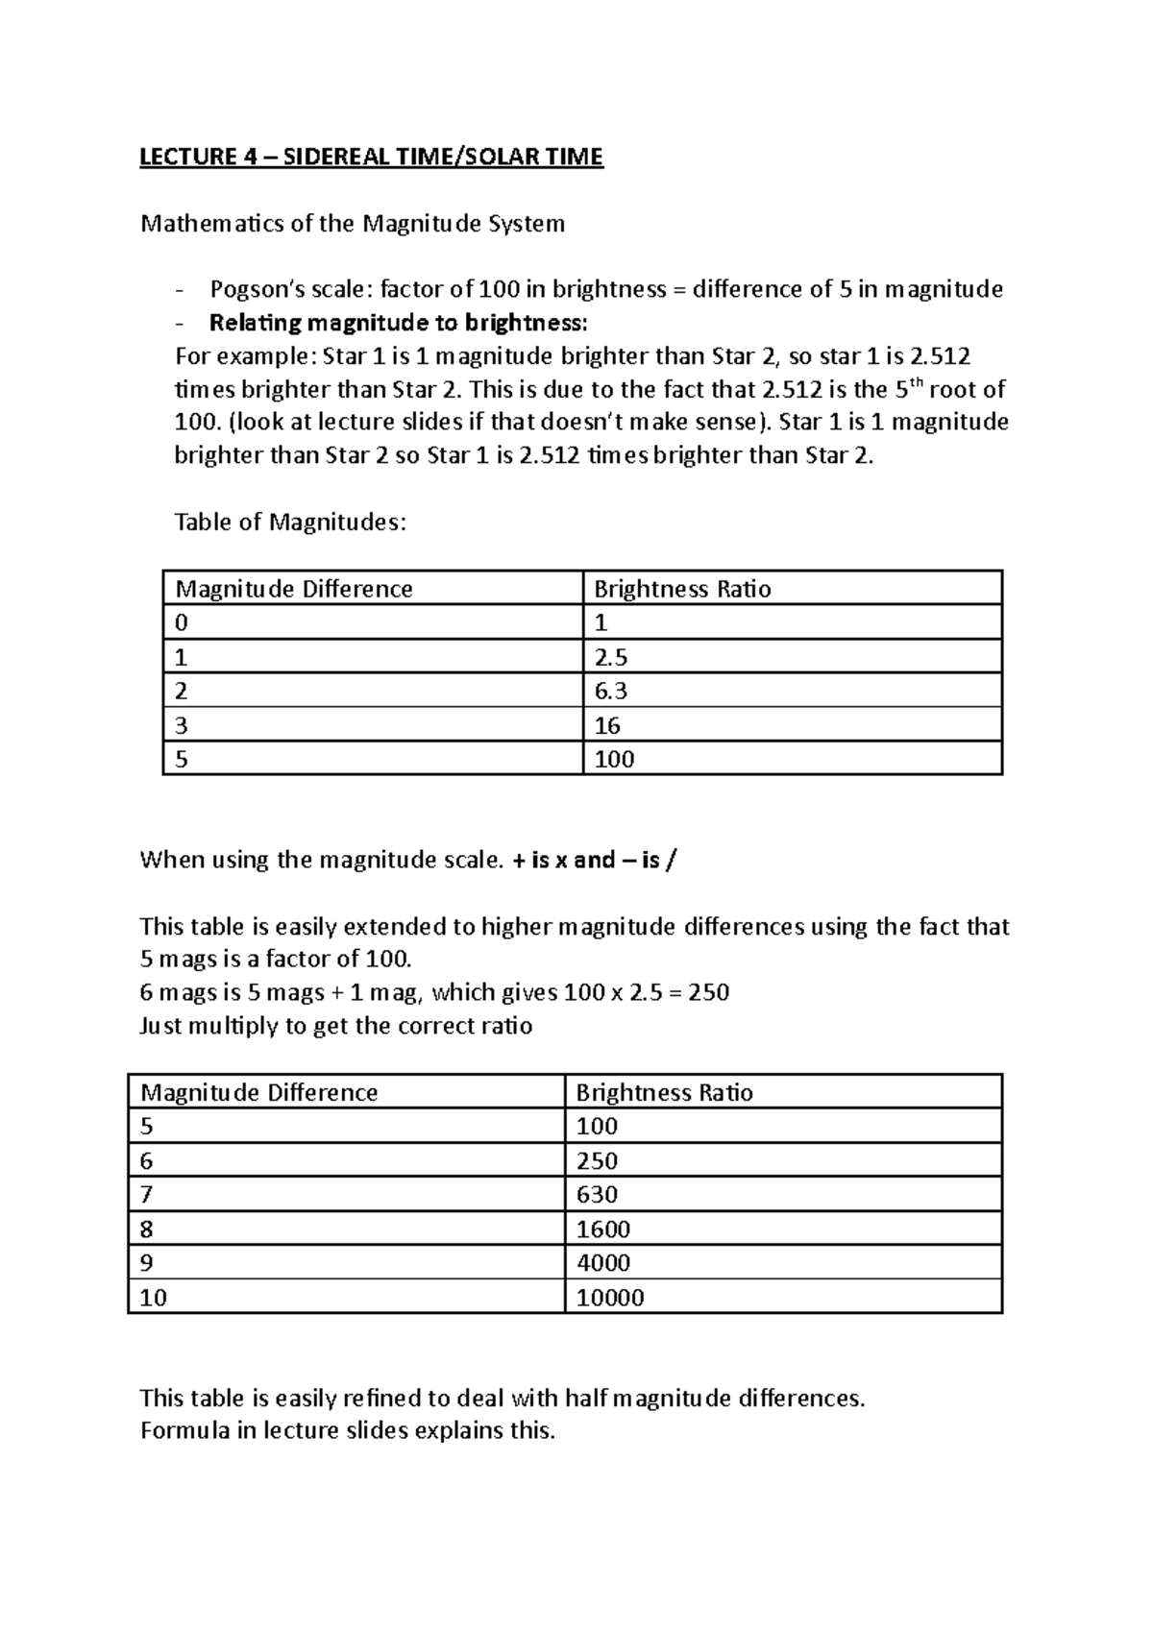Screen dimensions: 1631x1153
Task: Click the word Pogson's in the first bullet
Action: coord(251,289)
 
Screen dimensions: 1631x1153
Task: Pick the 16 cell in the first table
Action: coord(607,725)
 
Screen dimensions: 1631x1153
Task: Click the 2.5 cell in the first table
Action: coord(611,657)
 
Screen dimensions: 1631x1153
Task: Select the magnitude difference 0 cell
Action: coord(182,622)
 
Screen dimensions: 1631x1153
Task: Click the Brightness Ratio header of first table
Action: coord(682,589)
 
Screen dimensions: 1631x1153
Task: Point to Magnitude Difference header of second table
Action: coord(258,1092)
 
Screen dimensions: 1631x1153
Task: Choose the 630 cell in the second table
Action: coord(597,1195)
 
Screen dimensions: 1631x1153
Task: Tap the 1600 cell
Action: coord(602,1229)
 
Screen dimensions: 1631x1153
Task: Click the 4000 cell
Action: coord(602,1263)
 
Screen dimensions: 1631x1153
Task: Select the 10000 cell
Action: coord(609,1298)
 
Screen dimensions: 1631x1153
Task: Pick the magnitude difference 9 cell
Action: coord(147,1263)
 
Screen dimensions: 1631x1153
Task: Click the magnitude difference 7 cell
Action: coord(147,1195)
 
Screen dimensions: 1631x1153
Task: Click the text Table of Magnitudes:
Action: coord(290,523)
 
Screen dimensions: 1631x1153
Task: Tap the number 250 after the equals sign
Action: coord(709,992)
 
